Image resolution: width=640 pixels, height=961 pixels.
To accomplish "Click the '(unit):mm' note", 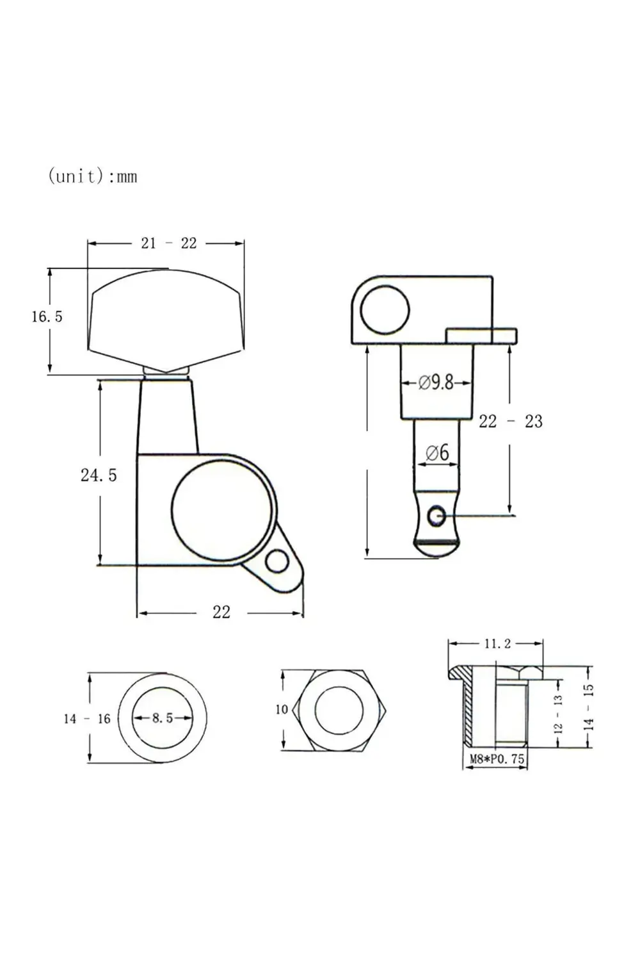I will point(93,176).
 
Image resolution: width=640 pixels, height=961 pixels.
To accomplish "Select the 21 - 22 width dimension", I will point(168,243).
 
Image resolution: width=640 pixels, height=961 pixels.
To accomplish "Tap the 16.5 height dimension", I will point(47,316).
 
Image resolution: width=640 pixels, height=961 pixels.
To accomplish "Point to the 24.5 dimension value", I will point(99,475).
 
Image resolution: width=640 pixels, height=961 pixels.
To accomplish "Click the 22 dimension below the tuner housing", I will point(221,612).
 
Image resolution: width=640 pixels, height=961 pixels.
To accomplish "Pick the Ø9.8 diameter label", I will point(436,382).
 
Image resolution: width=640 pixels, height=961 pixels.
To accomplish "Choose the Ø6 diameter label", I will point(437,453).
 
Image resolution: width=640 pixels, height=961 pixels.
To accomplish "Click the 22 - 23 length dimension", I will point(510,422).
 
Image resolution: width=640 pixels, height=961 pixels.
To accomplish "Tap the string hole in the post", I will point(437,514).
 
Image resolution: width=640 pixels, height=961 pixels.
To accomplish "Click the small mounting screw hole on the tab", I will point(278,563).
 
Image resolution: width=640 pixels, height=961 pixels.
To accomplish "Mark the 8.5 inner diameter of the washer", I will point(162,718).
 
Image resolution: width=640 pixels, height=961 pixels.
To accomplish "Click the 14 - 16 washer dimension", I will point(87,719).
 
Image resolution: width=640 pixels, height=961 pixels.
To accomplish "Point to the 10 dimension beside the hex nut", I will point(282,709).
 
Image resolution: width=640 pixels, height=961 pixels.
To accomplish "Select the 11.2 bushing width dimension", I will point(497,643).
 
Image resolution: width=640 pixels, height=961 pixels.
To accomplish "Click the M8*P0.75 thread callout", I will point(497,759).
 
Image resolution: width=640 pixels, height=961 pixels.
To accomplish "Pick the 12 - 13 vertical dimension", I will point(557,714).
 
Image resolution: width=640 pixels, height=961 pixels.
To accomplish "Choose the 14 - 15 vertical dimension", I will point(589,707).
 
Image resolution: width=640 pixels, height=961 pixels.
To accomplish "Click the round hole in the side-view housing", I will point(384,311).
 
